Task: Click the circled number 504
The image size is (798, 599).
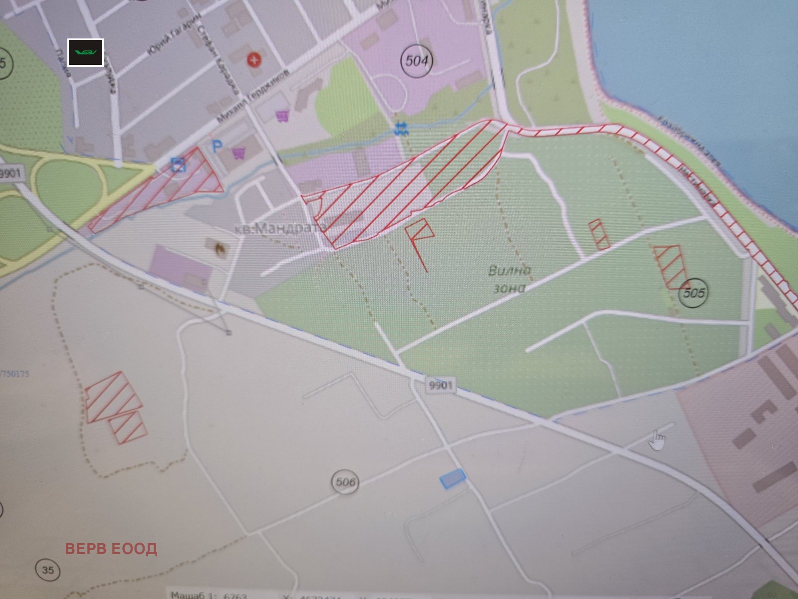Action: point(416,61)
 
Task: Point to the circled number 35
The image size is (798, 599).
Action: point(48,570)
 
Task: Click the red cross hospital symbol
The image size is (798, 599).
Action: point(255,61)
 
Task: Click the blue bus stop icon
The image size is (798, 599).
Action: point(179,164)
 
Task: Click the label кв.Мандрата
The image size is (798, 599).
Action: point(280,228)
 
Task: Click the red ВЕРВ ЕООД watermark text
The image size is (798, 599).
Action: point(111,549)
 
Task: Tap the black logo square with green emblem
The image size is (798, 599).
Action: point(86,52)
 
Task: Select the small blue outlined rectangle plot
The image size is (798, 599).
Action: point(452,478)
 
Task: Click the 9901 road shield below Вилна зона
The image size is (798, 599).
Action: point(439,385)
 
